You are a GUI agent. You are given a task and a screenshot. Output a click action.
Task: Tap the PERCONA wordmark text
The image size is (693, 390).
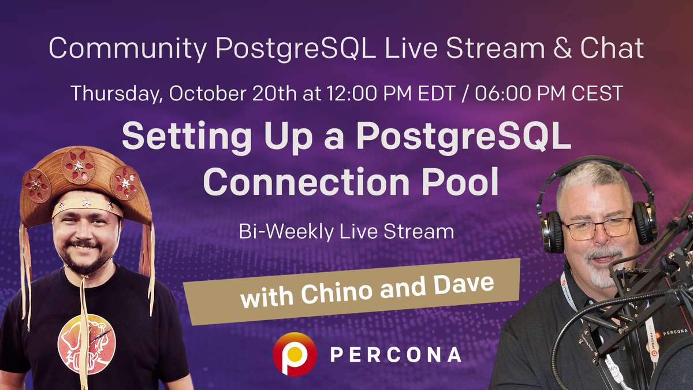coord(396,354)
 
